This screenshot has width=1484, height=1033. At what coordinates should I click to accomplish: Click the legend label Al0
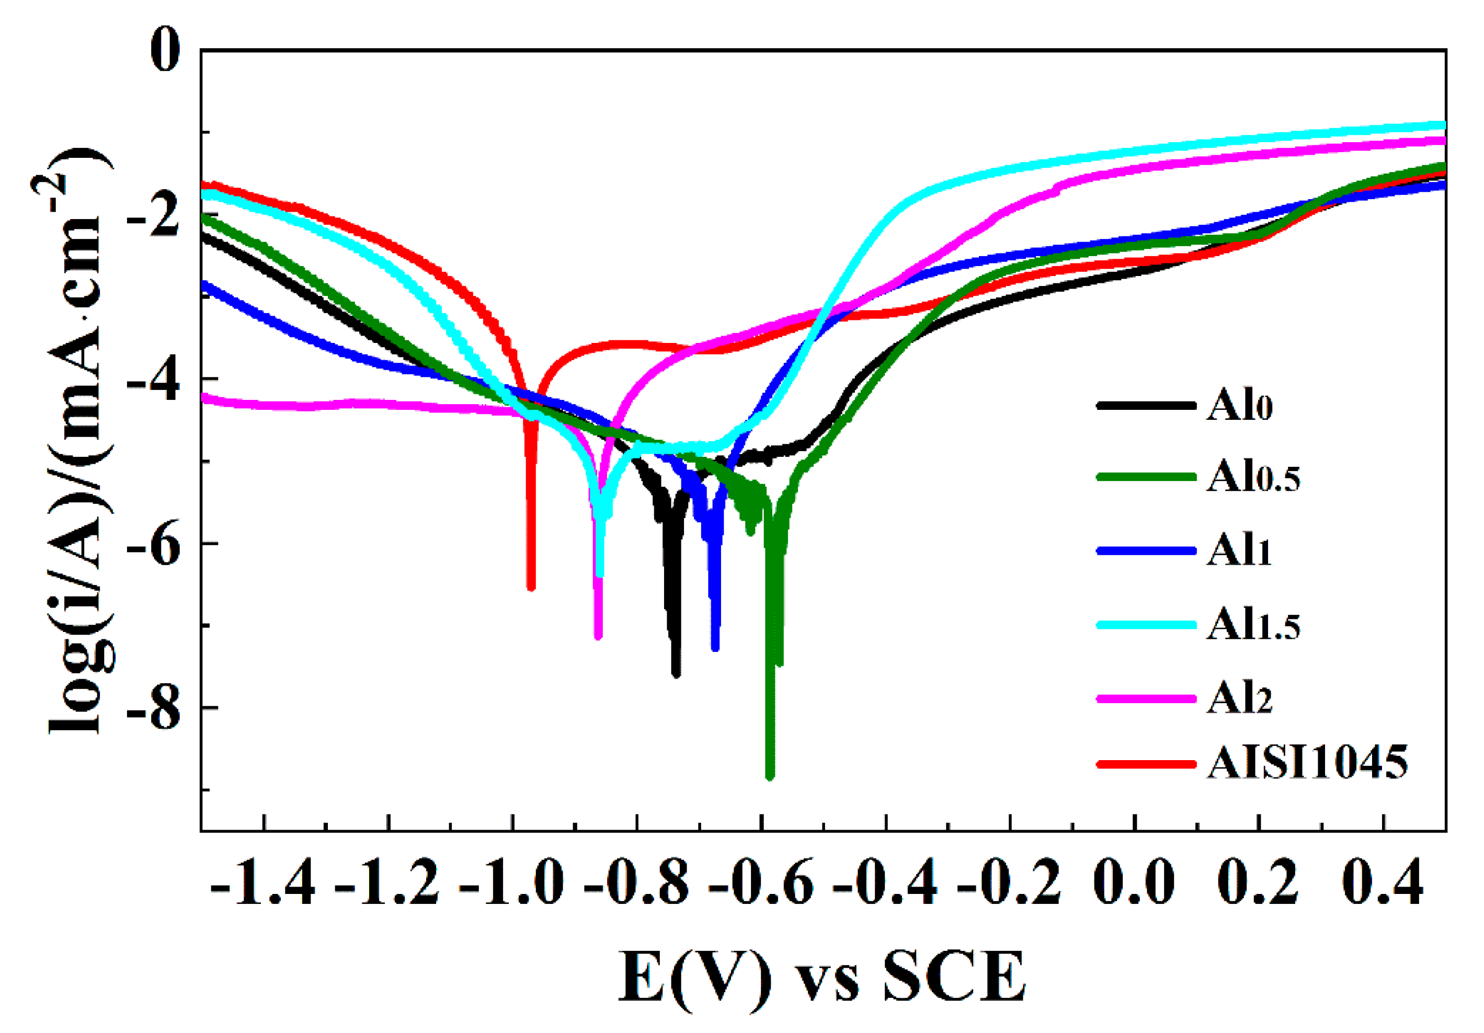point(1240,406)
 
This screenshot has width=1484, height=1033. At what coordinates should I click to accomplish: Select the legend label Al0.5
point(1252,477)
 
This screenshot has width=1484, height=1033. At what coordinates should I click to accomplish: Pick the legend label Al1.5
point(1252,624)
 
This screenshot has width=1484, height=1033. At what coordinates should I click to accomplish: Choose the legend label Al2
point(1239,698)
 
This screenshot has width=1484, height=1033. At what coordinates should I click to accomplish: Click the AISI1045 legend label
point(1307,763)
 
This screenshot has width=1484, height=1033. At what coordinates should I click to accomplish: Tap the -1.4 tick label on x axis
point(263,882)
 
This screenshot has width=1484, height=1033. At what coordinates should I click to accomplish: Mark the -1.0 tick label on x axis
point(512,882)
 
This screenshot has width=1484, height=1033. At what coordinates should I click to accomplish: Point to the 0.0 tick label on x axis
point(1134,882)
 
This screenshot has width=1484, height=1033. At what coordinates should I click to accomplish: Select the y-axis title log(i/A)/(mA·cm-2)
point(74,439)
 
